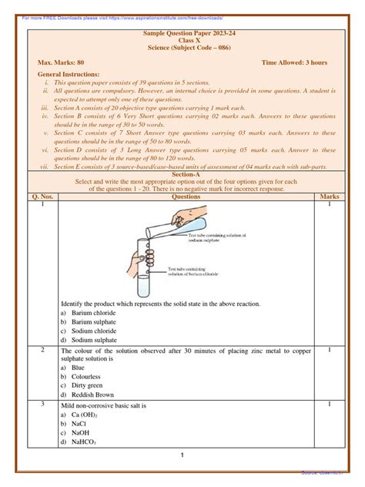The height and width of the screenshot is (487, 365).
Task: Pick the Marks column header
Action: pos(329,197)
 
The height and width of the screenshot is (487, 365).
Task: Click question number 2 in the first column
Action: pos(43,350)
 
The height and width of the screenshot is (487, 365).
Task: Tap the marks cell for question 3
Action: pos(329,405)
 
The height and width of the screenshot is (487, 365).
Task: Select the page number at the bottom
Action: pos(182,455)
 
